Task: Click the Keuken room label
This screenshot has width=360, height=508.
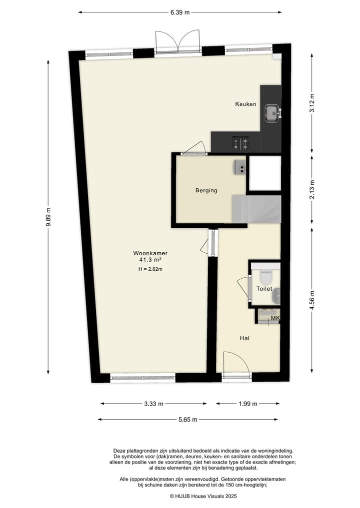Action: (x=245, y=104)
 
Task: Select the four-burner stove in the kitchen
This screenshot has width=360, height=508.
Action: (x=240, y=143)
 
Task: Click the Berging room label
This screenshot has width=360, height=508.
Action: (x=206, y=190)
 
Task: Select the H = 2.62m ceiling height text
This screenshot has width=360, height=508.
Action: (x=150, y=269)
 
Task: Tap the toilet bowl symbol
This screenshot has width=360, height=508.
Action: (x=265, y=275)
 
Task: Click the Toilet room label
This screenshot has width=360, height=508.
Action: (x=264, y=289)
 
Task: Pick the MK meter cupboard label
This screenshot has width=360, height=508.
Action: (x=274, y=318)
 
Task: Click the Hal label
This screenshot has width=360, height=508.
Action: (x=244, y=338)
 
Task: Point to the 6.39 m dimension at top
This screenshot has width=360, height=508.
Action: (x=179, y=12)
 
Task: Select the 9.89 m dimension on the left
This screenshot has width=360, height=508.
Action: (x=48, y=217)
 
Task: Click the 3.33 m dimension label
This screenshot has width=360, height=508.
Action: (x=153, y=404)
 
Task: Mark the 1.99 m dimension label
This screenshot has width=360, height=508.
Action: (x=247, y=404)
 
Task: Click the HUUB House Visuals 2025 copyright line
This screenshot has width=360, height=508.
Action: (x=203, y=496)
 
